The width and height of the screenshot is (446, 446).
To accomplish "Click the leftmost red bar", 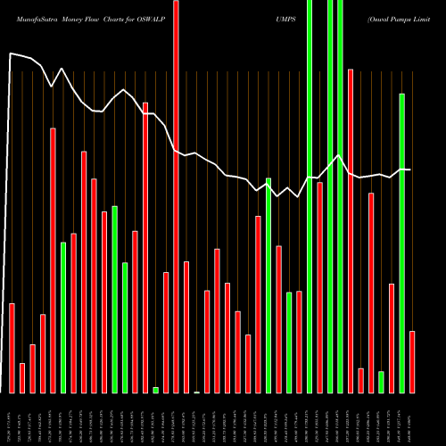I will (x=12, y=348).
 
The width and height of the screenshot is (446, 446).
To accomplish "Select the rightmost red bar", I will (x=412, y=361).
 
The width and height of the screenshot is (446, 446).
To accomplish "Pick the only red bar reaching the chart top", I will (x=176, y=196).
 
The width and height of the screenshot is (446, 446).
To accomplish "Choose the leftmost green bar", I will (x=63, y=317).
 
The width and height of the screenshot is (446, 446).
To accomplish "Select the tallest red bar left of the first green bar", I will (x=53, y=260).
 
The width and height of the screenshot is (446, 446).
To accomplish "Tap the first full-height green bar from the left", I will (x=310, y=196).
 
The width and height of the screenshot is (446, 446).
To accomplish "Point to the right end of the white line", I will (x=410, y=169).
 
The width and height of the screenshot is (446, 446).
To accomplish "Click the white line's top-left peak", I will (x=10, y=54).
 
